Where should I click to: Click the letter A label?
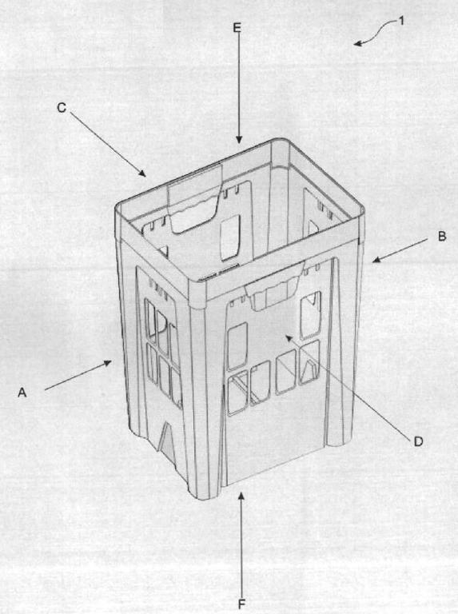click(x=22, y=392)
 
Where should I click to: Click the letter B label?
click(x=442, y=237)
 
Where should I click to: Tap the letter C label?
click(x=62, y=108)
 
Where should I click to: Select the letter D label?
click(x=418, y=441)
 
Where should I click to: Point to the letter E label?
click(x=237, y=27)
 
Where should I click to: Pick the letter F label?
click(x=241, y=604)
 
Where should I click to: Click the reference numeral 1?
click(x=400, y=21)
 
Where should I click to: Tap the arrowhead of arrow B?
click(x=376, y=259)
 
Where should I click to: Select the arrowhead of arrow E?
click(x=239, y=139)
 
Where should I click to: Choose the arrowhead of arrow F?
click(x=241, y=496)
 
